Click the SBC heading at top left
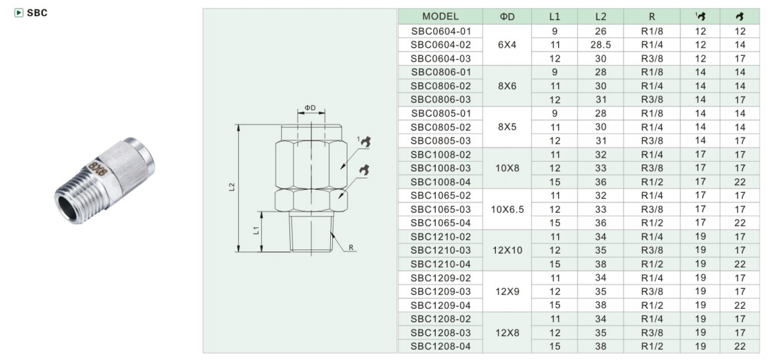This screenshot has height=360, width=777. pyautogui.click(x=37, y=13)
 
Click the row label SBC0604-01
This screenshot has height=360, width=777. pyautogui.click(x=441, y=31)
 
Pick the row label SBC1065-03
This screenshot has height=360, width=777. pyautogui.click(x=441, y=209)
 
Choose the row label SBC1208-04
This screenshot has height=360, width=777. pyautogui.click(x=441, y=345)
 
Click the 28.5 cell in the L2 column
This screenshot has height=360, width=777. pyautogui.click(x=600, y=45)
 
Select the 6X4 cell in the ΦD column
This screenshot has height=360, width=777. pyautogui.click(x=508, y=45)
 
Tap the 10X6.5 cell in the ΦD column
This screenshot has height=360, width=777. pyautogui.click(x=508, y=209)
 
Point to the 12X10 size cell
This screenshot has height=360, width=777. pyautogui.click(x=508, y=249)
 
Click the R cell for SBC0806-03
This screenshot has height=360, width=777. pyautogui.click(x=652, y=100)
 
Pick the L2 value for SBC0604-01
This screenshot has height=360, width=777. pyautogui.click(x=600, y=31)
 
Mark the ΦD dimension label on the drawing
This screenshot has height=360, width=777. pyautogui.click(x=310, y=108)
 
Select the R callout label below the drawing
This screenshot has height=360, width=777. pyautogui.click(x=351, y=247)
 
